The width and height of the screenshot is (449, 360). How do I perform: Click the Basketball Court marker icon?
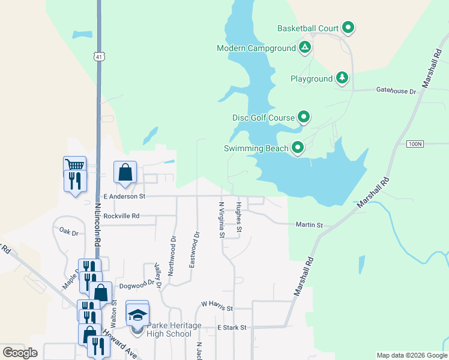click(348, 28)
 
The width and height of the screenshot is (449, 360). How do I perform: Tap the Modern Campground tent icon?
click(304, 47)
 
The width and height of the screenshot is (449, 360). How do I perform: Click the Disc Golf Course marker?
click(304, 118)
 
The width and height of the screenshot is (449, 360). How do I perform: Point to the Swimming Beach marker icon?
click(297, 148)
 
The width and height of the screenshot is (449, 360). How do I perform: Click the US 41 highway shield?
click(98, 56)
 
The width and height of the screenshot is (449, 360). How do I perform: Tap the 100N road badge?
click(415, 144)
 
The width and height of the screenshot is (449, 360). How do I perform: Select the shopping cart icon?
click(74, 165)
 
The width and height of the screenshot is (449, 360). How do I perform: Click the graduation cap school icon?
click(137, 314)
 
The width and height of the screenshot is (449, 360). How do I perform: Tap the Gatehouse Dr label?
click(396, 91)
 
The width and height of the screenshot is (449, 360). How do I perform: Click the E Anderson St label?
click(124, 196)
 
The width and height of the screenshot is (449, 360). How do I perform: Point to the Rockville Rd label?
click(121, 216)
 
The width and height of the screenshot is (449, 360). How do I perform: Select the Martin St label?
click(309, 225)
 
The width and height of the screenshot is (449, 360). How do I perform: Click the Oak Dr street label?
click(69, 231)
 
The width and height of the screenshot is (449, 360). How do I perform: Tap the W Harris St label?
click(217, 307)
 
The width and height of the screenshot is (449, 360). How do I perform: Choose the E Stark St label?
click(232, 328)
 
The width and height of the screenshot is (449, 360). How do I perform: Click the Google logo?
click(20, 353)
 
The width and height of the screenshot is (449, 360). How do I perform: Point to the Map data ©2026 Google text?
click(411, 355)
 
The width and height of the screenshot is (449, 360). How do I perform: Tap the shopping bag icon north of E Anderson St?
click(125, 173)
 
